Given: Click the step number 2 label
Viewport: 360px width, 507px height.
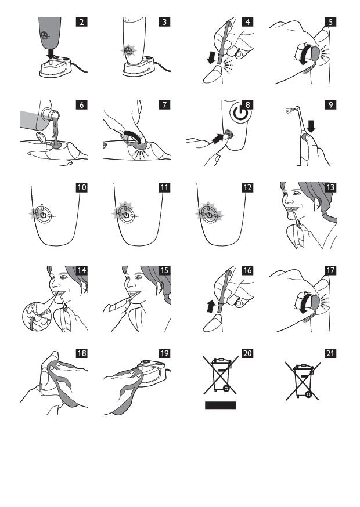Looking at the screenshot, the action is point(82,21).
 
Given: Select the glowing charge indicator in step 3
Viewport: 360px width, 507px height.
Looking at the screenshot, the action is point(128,50).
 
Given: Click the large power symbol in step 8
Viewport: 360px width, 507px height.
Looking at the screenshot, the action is point(240,114).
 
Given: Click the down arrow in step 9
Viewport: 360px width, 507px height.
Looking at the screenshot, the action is point(311,126).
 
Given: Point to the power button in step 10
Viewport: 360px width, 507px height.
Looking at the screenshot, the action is point(44,215).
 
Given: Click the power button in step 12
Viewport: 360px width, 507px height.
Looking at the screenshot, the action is point(209,215).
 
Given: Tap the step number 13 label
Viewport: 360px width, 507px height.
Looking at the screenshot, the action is point(330,187).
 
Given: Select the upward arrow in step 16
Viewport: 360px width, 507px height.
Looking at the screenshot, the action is point(211,306).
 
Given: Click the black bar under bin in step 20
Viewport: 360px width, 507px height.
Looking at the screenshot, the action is point(221,405).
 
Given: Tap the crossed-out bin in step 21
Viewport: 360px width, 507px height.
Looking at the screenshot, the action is point(303,381).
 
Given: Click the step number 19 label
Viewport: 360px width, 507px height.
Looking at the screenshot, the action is point(164,353).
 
